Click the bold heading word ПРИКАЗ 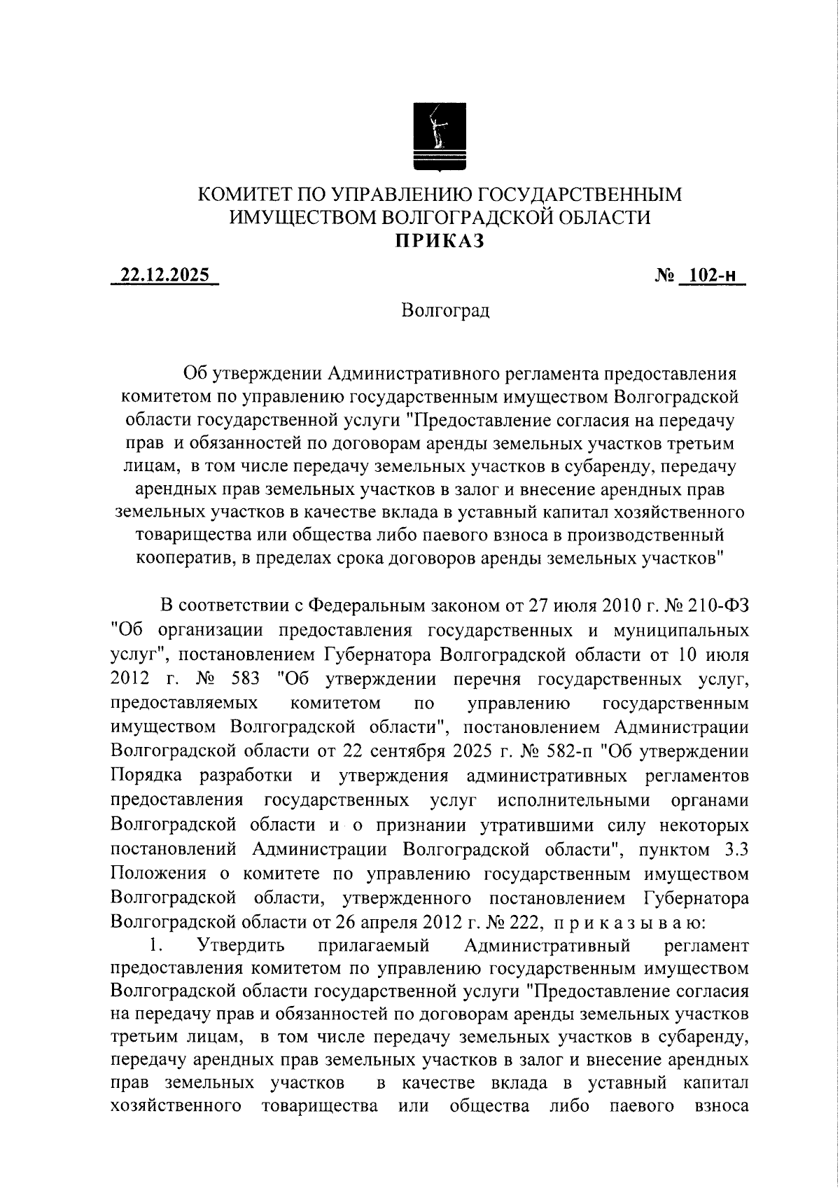439,241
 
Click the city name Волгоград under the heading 446,310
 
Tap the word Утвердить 241,946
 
